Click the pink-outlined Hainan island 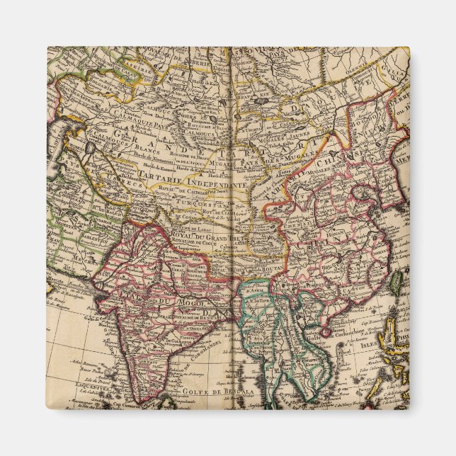coord(326,331)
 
